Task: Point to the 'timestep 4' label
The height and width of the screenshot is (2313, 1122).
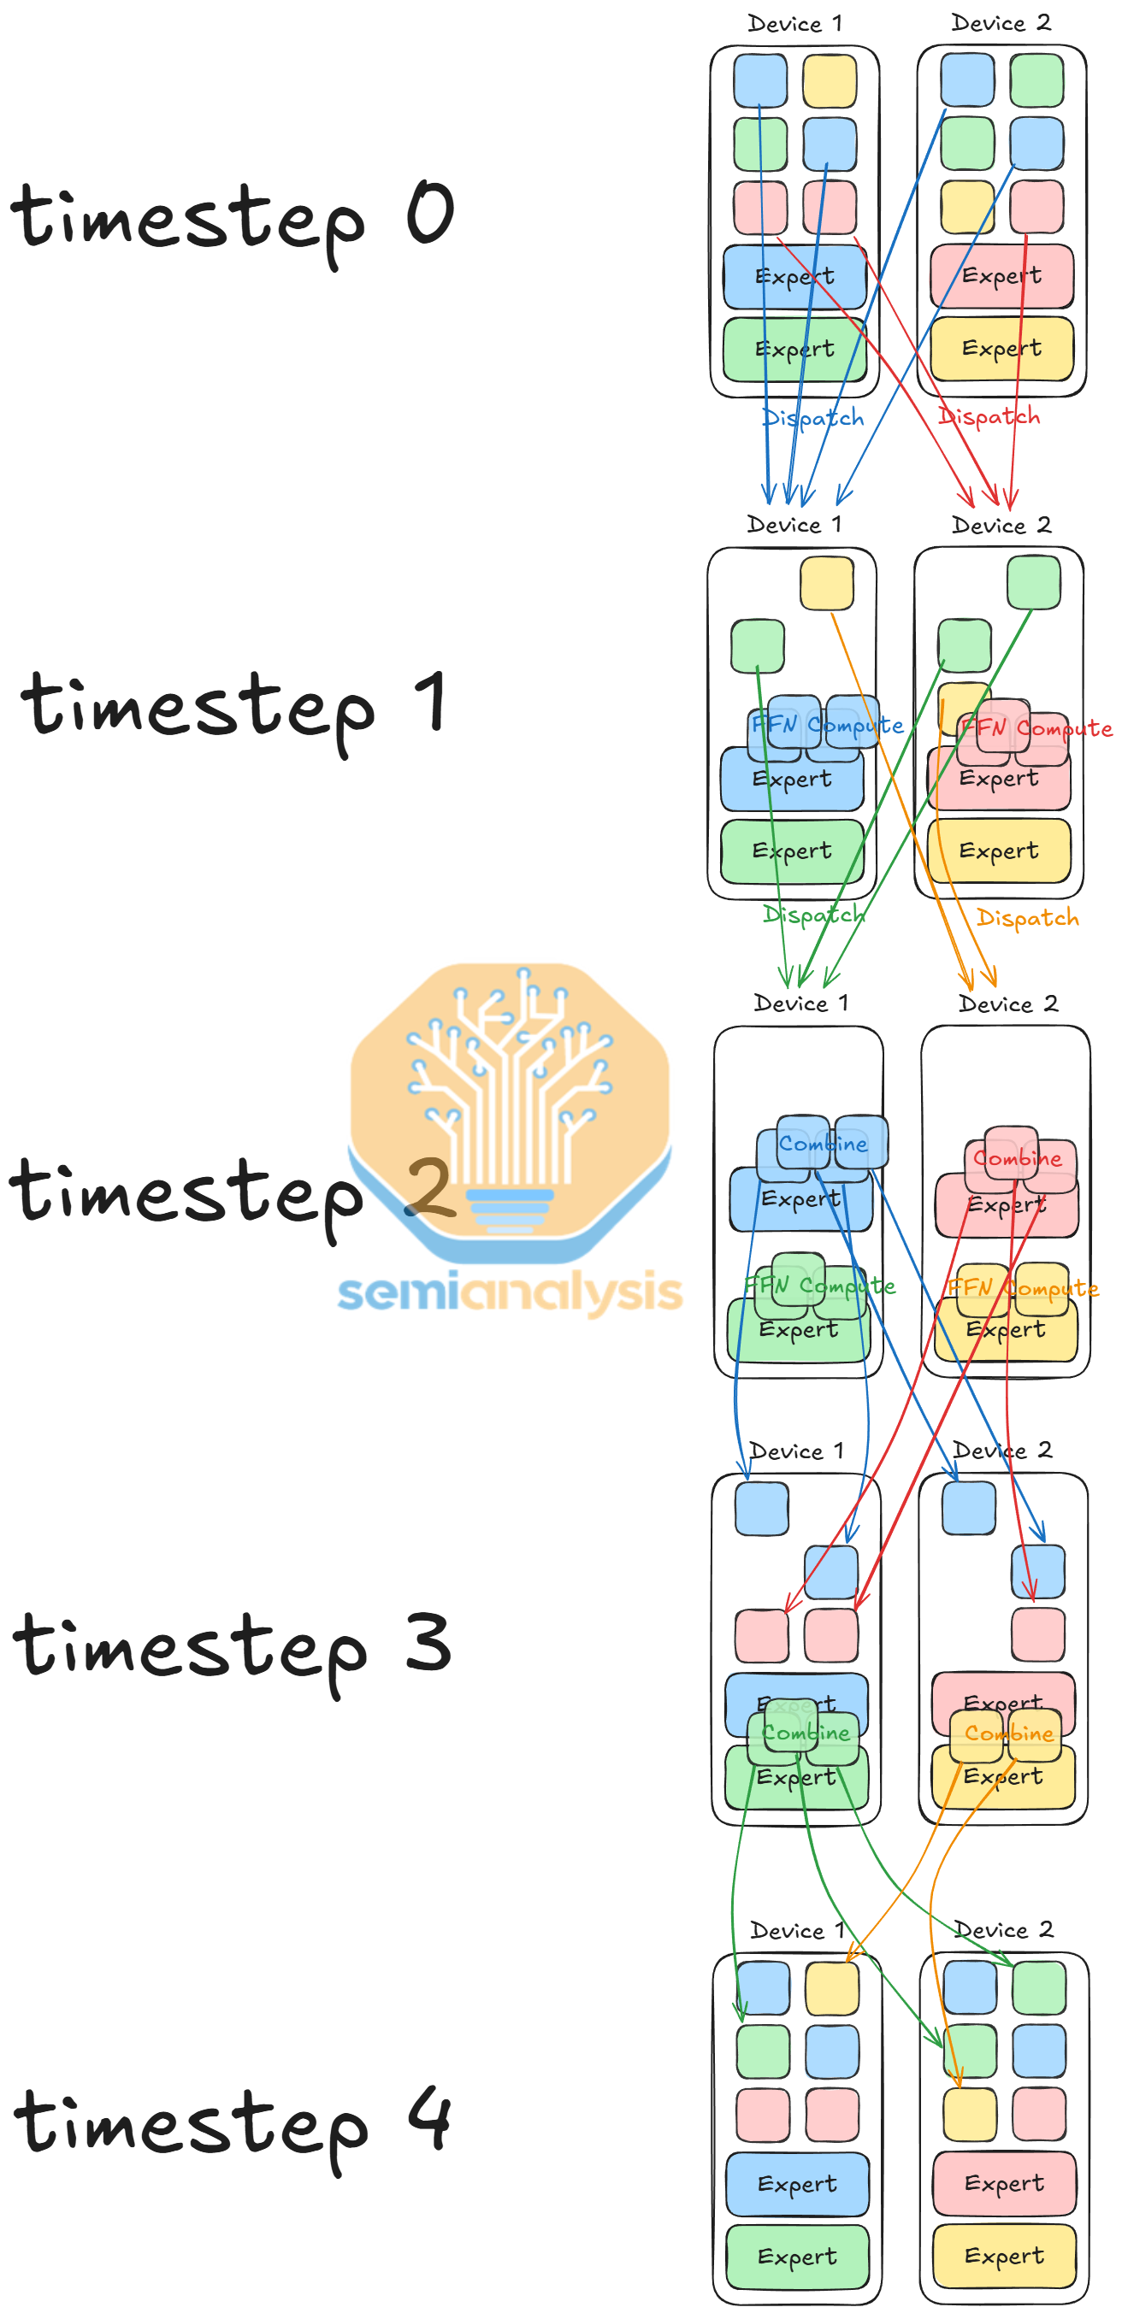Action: pyautogui.click(x=232, y=2123)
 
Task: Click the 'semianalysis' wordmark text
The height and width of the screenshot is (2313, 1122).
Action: pyautogui.click(x=510, y=1293)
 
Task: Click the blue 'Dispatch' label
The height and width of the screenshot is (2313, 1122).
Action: pyautogui.click(x=813, y=417)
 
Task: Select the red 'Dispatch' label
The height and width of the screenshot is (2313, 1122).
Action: pyautogui.click(x=989, y=416)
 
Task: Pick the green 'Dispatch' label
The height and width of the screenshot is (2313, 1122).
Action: pyautogui.click(x=814, y=915)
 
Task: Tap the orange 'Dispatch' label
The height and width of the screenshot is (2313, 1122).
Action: pyautogui.click(x=1028, y=918)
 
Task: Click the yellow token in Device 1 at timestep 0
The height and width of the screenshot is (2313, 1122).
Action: pyautogui.click(x=830, y=81)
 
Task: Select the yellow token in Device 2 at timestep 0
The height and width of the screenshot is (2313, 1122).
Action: pyautogui.click(x=967, y=206)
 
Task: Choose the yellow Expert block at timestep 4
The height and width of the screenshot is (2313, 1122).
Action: pyautogui.click(x=1004, y=2256)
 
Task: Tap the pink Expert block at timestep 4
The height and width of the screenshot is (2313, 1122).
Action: pyautogui.click(x=1004, y=2184)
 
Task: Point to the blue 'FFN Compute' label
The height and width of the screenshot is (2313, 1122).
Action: pyautogui.click(x=827, y=725)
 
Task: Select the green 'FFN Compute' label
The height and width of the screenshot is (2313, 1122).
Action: pyautogui.click(x=819, y=1286)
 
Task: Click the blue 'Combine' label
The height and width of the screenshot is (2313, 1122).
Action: pyautogui.click(x=823, y=1144)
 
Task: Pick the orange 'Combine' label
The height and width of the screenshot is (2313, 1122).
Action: pyautogui.click(x=1009, y=1733)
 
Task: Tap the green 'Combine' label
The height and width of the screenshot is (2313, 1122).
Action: pyautogui.click(x=806, y=1733)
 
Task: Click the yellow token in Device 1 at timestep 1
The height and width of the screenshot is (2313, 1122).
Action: pyautogui.click(x=826, y=583)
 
